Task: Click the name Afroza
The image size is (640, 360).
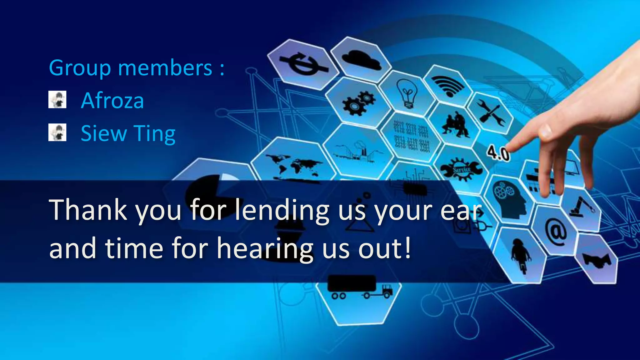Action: tap(112, 101)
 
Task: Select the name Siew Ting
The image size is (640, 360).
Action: tap(128, 134)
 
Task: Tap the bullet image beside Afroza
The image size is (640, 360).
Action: tap(57, 100)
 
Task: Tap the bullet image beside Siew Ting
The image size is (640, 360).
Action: tap(57, 132)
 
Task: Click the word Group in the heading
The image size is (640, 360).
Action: tap(80, 68)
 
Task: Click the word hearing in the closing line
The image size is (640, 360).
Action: tap(265, 249)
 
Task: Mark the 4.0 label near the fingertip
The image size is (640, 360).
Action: tap(497, 153)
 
